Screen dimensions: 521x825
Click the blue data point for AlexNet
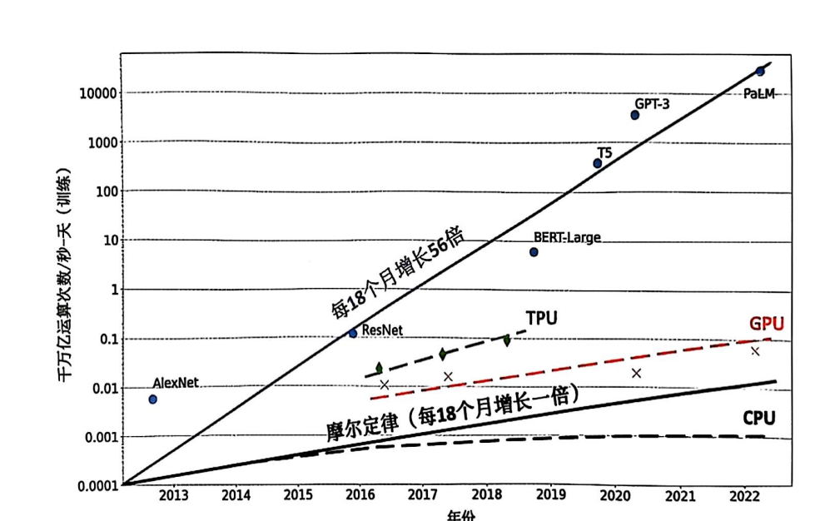coord(152,399)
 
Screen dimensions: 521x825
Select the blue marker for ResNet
coord(353,333)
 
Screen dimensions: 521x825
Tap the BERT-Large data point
coord(534,252)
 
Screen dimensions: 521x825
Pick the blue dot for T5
coord(598,163)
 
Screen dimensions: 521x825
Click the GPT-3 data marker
coord(635,115)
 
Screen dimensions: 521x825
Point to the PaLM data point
coord(759,72)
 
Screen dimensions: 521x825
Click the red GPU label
coord(766,324)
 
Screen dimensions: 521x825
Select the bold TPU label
coord(541,317)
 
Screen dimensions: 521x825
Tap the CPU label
coord(758,417)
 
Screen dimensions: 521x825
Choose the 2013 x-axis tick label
coord(174,496)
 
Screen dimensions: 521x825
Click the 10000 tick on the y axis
coord(97,93)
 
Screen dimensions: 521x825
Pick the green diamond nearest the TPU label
coord(507,340)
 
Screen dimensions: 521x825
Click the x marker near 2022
coord(755,351)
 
